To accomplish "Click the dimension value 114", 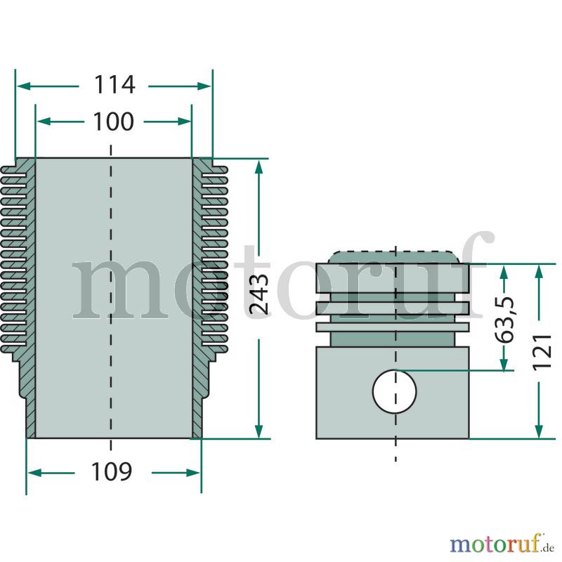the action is pos(115,85).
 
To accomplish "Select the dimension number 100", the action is pos(114,122).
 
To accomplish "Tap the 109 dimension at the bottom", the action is pos(112,471).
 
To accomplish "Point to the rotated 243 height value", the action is pos(259,294).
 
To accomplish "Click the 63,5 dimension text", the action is pos(504,319).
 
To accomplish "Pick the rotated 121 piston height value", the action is pos(542,352).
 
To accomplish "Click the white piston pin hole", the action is pos(395,391).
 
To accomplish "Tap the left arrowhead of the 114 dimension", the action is pos(23,86).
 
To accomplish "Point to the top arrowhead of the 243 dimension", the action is pos(259,166).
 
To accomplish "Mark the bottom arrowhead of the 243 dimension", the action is pos(259,431).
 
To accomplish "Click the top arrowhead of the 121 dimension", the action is pos(539,272).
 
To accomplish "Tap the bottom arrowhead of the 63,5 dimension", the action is pos(504,362).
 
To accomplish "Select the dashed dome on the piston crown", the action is pos(395,257).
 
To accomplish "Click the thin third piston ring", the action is pos(393,327).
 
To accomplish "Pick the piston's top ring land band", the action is pos(393,278).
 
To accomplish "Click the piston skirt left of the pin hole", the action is pos(344,393).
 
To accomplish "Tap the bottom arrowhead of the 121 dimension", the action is pos(539,431).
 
